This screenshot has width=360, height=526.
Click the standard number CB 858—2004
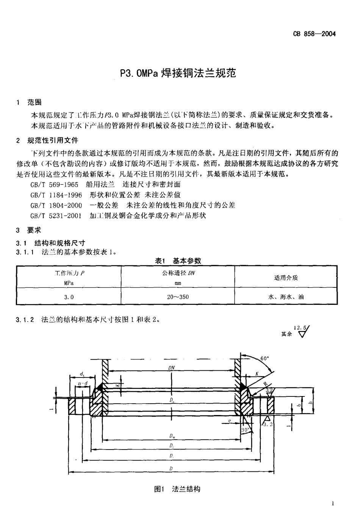point(314,34)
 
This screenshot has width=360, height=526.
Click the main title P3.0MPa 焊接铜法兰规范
point(178,73)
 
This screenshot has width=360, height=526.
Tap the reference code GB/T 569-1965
point(54,184)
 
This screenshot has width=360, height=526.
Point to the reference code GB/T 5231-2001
point(56,215)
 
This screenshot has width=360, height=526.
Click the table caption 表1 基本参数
point(178,261)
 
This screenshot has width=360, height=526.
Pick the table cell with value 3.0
point(69,297)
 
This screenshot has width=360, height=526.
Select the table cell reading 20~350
point(178,297)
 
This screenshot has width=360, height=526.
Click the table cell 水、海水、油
point(286,297)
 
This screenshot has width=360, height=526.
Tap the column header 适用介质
point(286,278)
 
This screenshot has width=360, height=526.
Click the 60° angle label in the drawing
point(265,358)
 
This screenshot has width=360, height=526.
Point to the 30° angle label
point(245,430)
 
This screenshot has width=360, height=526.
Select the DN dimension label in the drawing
point(171,367)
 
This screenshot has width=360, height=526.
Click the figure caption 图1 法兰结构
point(177,489)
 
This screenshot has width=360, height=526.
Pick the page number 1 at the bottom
point(332,503)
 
